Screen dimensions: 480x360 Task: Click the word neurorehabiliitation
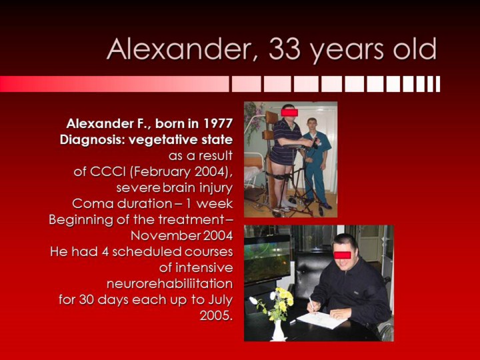pos(169,283)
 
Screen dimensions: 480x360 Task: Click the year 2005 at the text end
pos(215,315)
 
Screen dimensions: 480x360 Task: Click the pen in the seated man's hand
pos(311,303)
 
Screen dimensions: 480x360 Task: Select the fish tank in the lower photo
pos(267,259)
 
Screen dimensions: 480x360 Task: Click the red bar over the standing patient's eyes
pos(289,113)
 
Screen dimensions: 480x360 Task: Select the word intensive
pos(196,268)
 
